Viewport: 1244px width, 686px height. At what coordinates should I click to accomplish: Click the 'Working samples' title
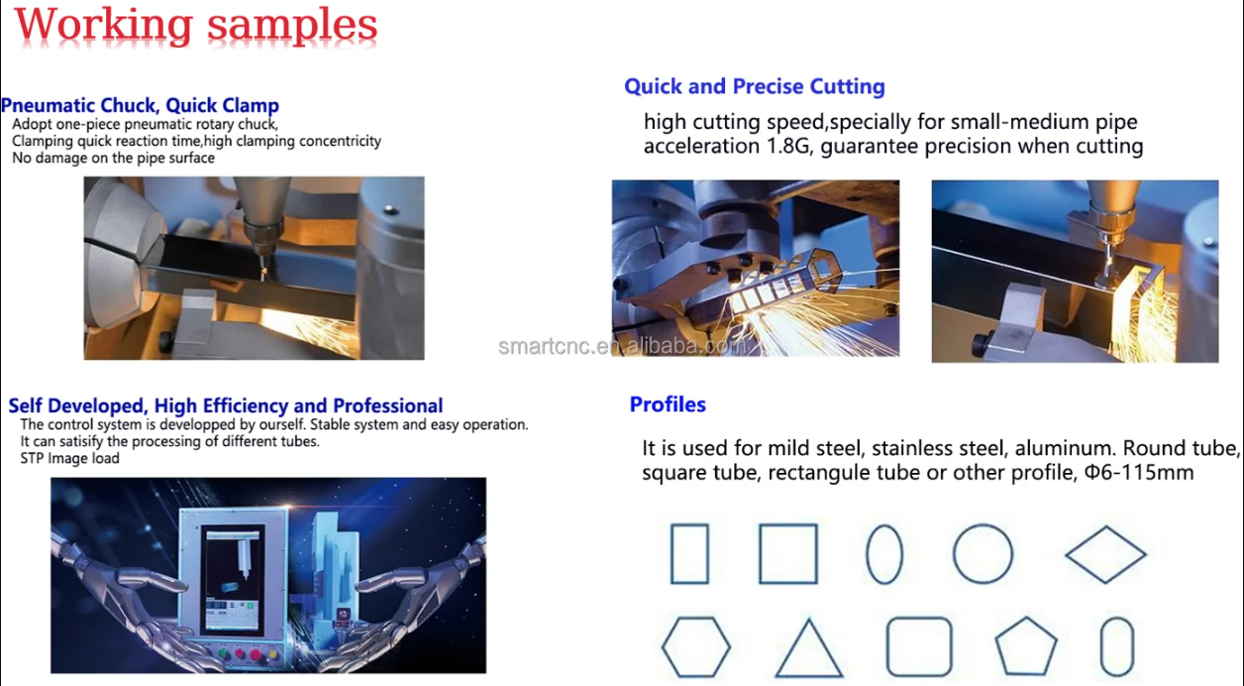[196, 26]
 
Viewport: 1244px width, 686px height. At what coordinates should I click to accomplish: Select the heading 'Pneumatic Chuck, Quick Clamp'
[140, 105]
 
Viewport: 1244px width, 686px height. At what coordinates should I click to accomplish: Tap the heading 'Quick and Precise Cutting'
[754, 86]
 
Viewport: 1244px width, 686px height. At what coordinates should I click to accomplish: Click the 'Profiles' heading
[668, 404]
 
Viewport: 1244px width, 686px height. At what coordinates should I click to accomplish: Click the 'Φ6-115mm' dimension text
[1138, 473]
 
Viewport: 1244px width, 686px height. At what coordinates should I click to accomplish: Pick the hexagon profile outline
[695, 647]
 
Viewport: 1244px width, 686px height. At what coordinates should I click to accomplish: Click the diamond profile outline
[1105, 554]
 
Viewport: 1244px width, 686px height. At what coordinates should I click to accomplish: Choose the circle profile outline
[983, 554]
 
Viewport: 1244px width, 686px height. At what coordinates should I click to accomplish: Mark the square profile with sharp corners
[788, 554]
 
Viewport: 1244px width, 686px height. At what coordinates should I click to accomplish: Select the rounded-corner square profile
[918, 647]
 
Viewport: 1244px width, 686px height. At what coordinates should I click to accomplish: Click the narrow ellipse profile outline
[884, 554]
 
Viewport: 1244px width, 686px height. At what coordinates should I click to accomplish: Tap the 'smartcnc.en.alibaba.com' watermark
[624, 346]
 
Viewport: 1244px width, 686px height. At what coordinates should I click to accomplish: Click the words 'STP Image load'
[69, 459]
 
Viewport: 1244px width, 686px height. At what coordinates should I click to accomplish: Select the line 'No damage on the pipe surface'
[113, 158]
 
